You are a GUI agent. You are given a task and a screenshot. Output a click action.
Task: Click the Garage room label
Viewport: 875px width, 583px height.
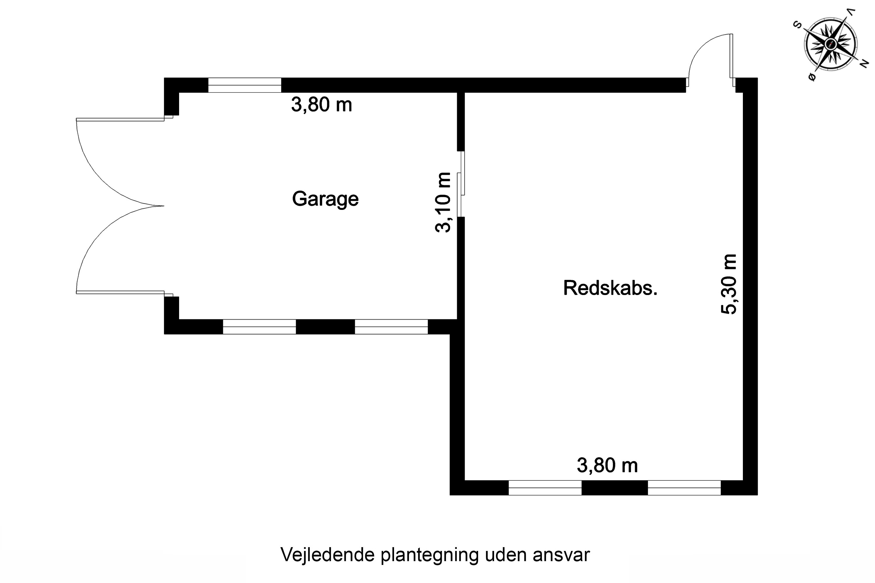click(x=325, y=199)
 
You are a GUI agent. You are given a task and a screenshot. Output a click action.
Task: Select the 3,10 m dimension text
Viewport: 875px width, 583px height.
click(x=443, y=202)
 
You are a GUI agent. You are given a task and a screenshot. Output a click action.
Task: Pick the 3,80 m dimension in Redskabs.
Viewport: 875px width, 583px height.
click(x=607, y=465)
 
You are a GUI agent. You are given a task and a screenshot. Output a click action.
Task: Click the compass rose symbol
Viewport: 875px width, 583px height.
click(x=830, y=44)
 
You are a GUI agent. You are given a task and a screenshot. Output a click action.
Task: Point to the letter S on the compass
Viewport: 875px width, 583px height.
click(x=797, y=25)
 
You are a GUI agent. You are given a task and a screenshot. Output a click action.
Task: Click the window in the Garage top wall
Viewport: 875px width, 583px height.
click(x=244, y=85)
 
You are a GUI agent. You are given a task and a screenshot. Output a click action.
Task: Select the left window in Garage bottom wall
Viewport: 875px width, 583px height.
click(x=259, y=326)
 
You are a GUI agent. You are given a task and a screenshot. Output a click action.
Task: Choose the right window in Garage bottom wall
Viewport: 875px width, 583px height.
click(x=391, y=326)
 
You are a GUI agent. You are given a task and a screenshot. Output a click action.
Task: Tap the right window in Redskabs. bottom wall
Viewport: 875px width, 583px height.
click(x=684, y=487)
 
